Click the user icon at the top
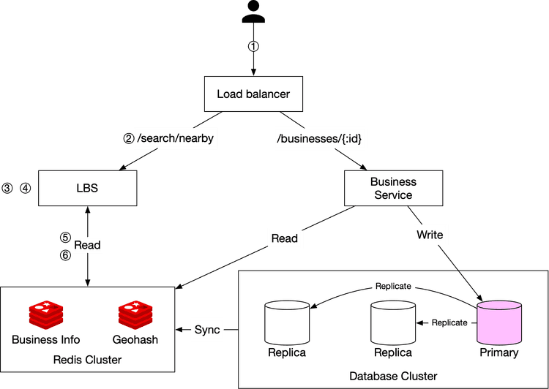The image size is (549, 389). [253, 13]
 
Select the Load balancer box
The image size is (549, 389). [253, 94]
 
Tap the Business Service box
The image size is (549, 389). [393, 188]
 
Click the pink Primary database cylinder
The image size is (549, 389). [499, 322]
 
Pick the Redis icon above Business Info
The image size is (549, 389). [46, 315]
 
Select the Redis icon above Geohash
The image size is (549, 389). [135, 315]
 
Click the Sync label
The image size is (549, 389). [207, 329]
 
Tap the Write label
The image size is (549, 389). [429, 235]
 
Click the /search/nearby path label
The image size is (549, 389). [176, 137]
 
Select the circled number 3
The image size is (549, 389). [8, 188]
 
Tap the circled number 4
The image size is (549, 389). [26, 188]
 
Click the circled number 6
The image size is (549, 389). [65, 254]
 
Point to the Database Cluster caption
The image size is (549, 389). [393, 376]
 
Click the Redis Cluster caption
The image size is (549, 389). [88, 359]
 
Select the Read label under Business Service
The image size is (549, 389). [284, 238]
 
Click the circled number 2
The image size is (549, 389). [128, 137]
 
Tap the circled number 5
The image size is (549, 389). [65, 238]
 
